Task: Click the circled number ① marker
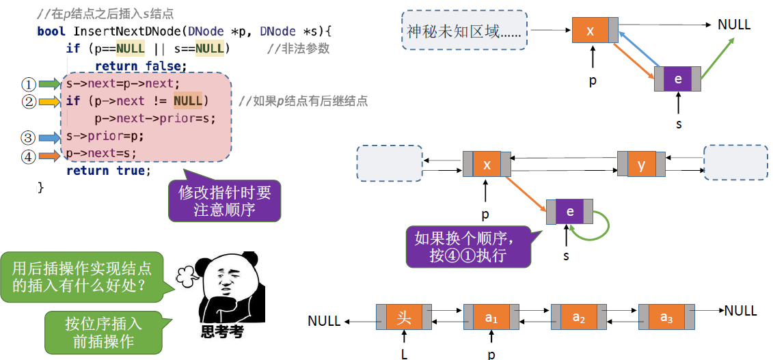click(28, 84)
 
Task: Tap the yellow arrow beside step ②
click(49, 102)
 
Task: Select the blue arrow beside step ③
click(49, 137)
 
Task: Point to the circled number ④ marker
click(28, 156)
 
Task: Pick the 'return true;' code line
click(108, 171)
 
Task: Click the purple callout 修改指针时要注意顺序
click(224, 201)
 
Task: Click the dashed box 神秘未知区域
click(464, 31)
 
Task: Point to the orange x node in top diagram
click(591, 31)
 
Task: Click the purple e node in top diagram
click(677, 79)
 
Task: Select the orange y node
click(641, 165)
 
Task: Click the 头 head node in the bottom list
click(404, 318)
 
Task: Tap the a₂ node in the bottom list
click(579, 318)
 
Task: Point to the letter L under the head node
click(405, 353)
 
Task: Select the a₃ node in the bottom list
click(666, 318)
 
